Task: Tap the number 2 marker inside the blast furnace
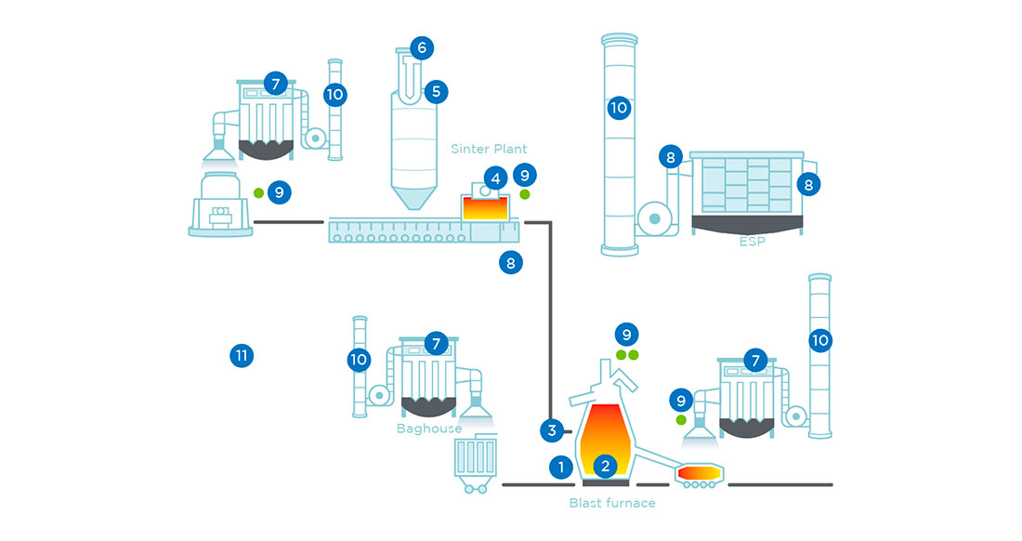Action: [x=606, y=465]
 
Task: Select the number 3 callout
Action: [x=552, y=430]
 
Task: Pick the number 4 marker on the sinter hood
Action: [x=496, y=177]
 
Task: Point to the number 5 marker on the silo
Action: [x=435, y=91]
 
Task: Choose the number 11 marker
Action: [x=241, y=354]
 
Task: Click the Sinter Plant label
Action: [x=489, y=149]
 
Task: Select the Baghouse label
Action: [x=428, y=429]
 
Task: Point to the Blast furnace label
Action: [x=611, y=503]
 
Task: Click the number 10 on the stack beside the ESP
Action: [x=619, y=109]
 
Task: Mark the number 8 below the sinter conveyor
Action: [x=510, y=263]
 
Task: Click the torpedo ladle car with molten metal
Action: [x=699, y=475]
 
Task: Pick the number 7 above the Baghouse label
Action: [x=436, y=344]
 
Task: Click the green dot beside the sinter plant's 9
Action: [x=525, y=194]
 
